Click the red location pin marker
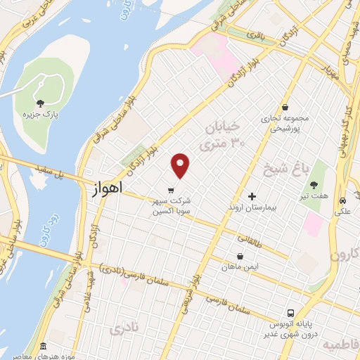pos(181,165)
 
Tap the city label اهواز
pos(107,189)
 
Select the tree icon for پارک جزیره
pos(39,104)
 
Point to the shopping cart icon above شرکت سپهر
pos(171,190)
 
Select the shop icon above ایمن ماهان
pos(240,257)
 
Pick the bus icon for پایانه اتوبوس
pos(289,313)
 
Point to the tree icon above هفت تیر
pos(313,184)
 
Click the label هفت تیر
pos(313,195)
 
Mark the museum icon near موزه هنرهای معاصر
pos(44,347)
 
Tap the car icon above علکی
pos(342,200)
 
